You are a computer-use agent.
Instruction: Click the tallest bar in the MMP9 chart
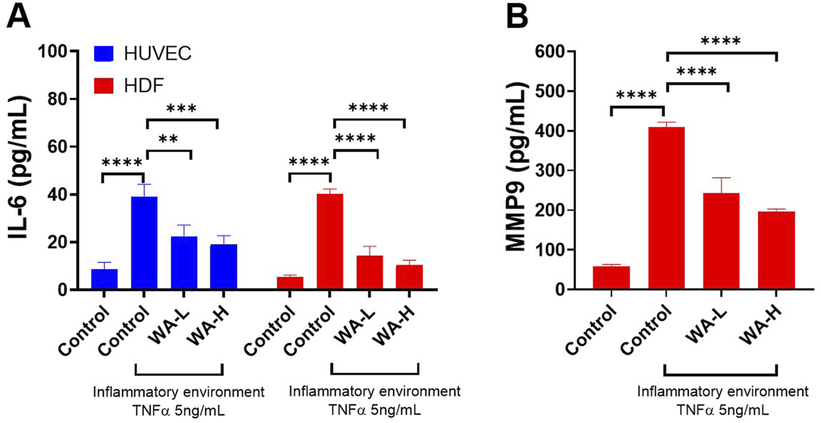click(x=666, y=208)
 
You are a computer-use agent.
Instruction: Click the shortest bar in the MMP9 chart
click(x=611, y=278)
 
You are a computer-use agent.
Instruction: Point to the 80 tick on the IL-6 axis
click(x=59, y=98)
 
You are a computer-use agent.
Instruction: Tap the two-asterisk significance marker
click(x=168, y=139)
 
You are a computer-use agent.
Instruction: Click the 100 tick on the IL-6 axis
click(x=56, y=50)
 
